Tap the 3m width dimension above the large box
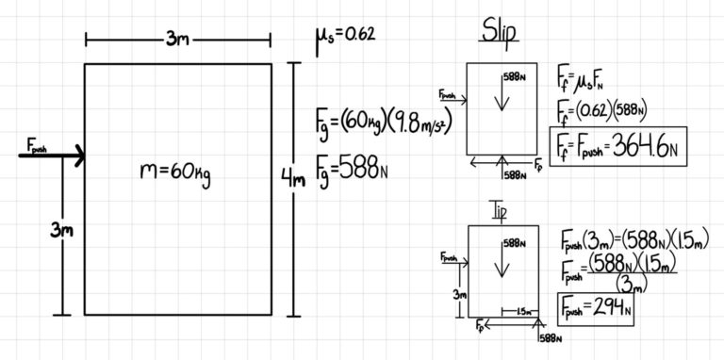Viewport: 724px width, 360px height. pos(178,39)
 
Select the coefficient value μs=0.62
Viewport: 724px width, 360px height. pos(345,36)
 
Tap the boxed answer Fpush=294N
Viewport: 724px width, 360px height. pos(595,307)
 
